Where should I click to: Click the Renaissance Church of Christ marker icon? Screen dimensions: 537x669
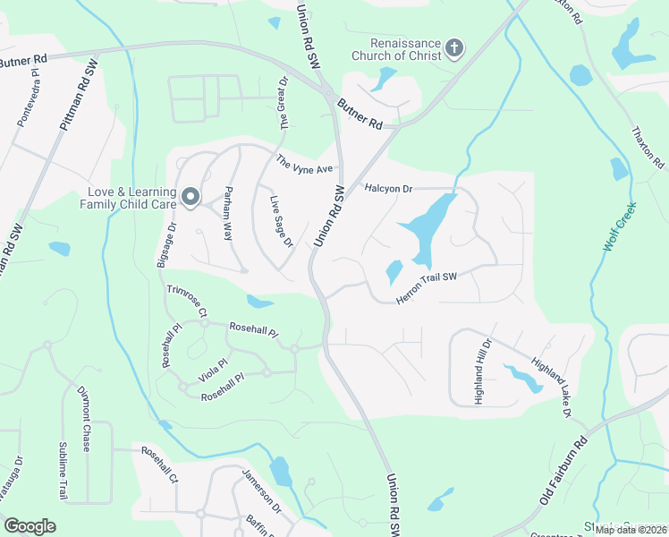tap(454, 47)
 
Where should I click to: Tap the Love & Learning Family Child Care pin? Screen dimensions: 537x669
tap(191, 197)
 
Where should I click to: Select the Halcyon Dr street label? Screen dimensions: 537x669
tap(389, 189)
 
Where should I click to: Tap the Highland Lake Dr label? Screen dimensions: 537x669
tap(551, 388)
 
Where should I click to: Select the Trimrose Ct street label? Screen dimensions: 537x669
tap(187, 301)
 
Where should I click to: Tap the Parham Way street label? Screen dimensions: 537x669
tap(228, 213)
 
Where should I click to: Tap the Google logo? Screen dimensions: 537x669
tap(30, 526)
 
